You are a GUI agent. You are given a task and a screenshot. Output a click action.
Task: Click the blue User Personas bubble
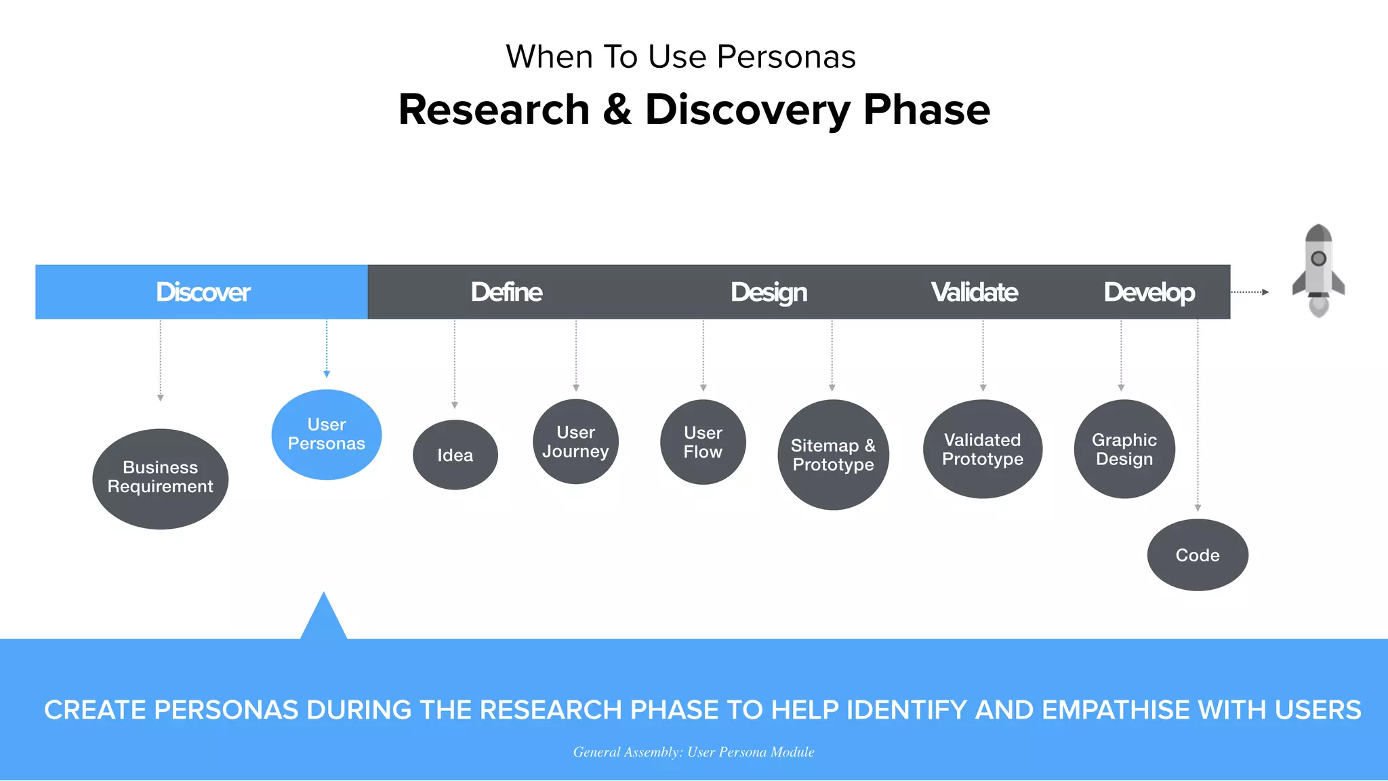click(x=327, y=435)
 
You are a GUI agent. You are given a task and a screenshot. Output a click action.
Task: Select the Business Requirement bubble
click(x=161, y=479)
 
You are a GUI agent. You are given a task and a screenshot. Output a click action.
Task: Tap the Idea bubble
click(x=455, y=455)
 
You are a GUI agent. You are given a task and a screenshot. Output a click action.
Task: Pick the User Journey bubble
click(x=576, y=442)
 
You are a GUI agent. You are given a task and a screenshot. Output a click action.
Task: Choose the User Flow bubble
click(x=703, y=442)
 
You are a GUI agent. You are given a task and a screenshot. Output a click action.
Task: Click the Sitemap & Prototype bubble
click(x=834, y=455)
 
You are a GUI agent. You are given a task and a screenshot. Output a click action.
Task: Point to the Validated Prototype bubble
click(x=983, y=449)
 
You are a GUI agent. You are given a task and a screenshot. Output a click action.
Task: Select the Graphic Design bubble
click(x=1124, y=449)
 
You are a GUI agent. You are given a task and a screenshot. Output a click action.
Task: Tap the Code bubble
click(x=1198, y=555)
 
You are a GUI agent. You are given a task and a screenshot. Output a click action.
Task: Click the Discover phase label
click(x=203, y=292)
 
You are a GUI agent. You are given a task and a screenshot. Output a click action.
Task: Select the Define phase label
click(x=506, y=292)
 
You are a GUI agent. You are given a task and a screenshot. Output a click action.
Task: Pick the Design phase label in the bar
click(x=769, y=292)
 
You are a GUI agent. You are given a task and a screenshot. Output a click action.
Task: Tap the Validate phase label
click(x=974, y=292)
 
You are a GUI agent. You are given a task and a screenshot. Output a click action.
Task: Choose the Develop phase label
click(x=1149, y=292)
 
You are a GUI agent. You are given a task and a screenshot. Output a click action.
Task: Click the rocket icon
click(x=1318, y=271)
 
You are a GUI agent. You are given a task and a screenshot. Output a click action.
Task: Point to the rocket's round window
click(x=1319, y=258)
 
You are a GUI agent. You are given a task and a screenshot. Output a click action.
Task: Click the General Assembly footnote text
click(x=694, y=752)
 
